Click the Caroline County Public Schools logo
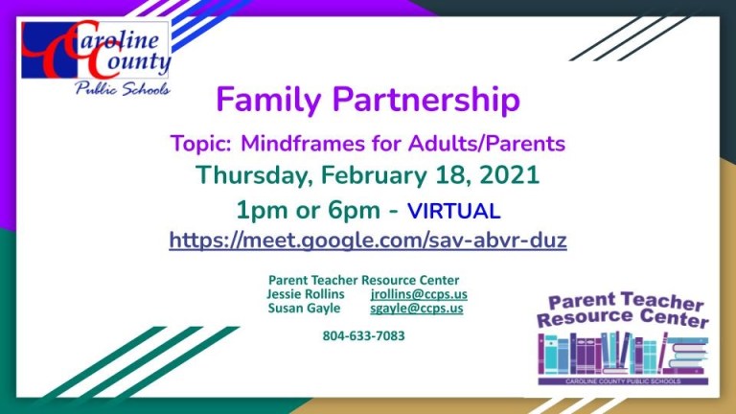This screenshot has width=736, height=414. [96, 58]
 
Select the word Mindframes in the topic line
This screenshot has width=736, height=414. [303, 143]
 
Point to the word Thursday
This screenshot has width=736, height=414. [254, 175]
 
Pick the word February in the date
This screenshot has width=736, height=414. [374, 176]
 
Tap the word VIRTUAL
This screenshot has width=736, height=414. [453, 211]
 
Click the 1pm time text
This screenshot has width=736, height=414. [262, 210]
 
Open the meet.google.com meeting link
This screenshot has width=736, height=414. [368, 240]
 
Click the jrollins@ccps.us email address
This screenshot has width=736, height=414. [419, 294]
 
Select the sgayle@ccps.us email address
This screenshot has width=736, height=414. [416, 309]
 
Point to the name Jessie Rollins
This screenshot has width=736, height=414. [305, 294]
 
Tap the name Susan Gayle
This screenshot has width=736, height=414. [304, 309]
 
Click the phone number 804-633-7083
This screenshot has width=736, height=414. [364, 335]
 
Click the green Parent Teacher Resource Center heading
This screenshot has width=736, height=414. [364, 280]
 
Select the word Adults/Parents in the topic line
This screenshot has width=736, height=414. [486, 143]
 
